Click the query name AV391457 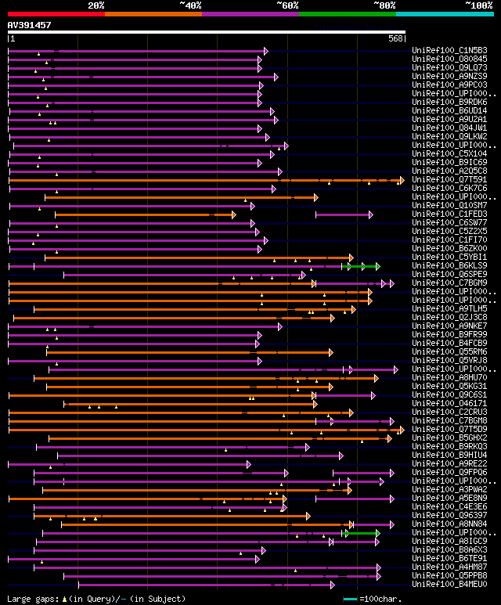click(x=29, y=25)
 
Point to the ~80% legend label click(x=384, y=5)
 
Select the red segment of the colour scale click(x=56, y=13)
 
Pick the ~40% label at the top click(x=190, y=5)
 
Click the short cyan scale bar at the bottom click(x=350, y=599)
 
